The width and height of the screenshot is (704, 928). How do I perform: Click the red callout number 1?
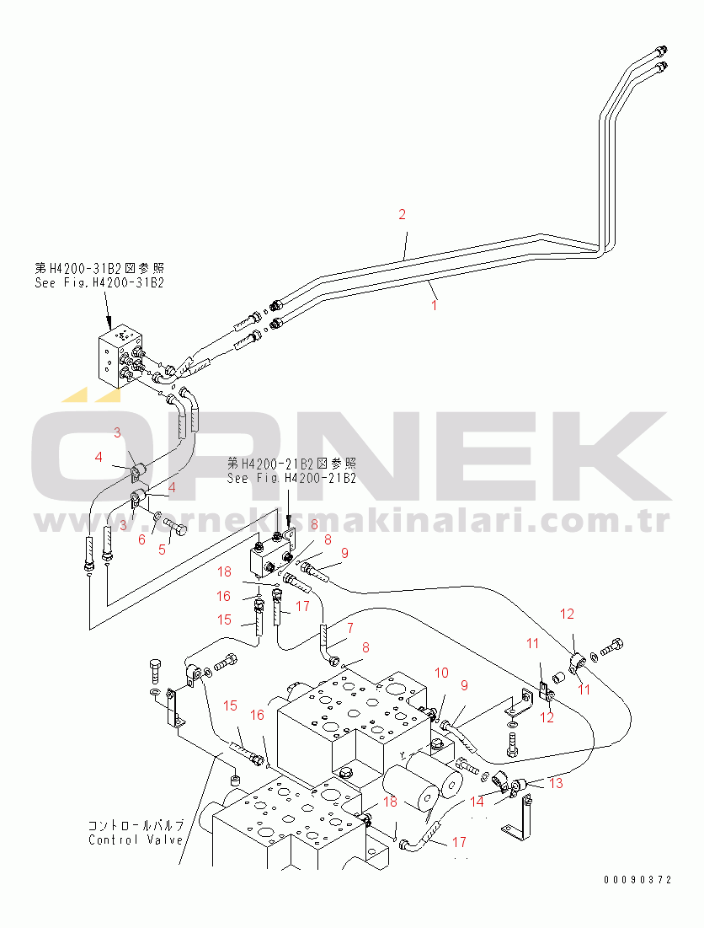click(435, 306)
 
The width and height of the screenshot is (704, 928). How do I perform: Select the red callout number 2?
click(402, 215)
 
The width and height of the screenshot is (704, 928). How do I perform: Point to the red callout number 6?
click(141, 540)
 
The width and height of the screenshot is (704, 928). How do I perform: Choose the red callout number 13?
click(555, 784)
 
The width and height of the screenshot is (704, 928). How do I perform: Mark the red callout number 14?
click(477, 802)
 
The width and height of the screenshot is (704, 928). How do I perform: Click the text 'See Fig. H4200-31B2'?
click(99, 282)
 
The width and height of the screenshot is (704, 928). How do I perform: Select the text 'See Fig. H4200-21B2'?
click(291, 478)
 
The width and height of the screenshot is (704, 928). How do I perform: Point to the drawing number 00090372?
click(637, 880)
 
